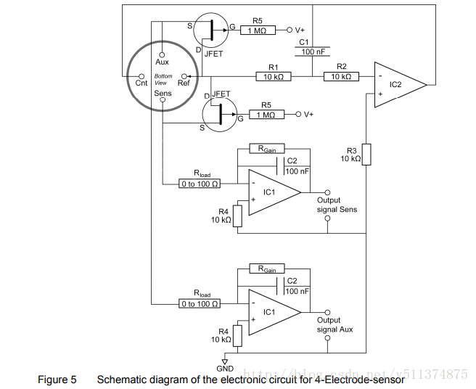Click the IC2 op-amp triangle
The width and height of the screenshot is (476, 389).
click(397, 85)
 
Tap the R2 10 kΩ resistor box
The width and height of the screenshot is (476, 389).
click(341, 76)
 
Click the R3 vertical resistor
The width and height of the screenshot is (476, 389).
click(366, 154)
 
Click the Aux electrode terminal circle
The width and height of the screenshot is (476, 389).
click(162, 53)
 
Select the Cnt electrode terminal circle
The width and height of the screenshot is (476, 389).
click(141, 75)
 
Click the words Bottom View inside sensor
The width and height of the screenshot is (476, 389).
click(163, 79)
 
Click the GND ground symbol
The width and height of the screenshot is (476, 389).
click(225, 361)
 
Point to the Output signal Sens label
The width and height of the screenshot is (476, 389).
click(337, 205)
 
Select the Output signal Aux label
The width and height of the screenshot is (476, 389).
click(335, 324)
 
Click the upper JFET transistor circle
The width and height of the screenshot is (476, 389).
click(212, 30)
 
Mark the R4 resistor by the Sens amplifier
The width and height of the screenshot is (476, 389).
click(237, 216)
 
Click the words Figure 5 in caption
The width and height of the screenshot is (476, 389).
click(57, 379)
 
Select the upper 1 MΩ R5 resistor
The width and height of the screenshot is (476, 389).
click(262, 30)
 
